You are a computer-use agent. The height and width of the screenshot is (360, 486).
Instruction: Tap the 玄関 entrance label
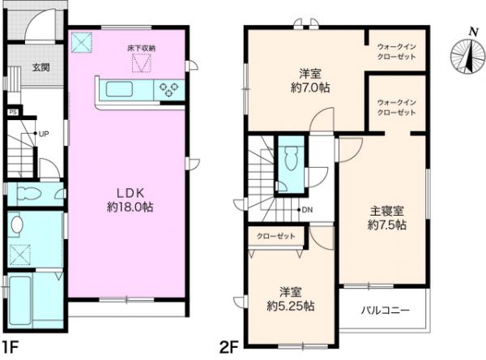click(40, 68)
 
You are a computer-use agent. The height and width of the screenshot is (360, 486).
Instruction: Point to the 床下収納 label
click(141, 49)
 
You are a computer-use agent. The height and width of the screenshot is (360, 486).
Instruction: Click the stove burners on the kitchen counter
click(172, 90)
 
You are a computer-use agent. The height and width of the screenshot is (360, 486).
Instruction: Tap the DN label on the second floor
click(305, 211)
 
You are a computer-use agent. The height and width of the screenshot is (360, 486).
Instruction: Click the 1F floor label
click(11, 349)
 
